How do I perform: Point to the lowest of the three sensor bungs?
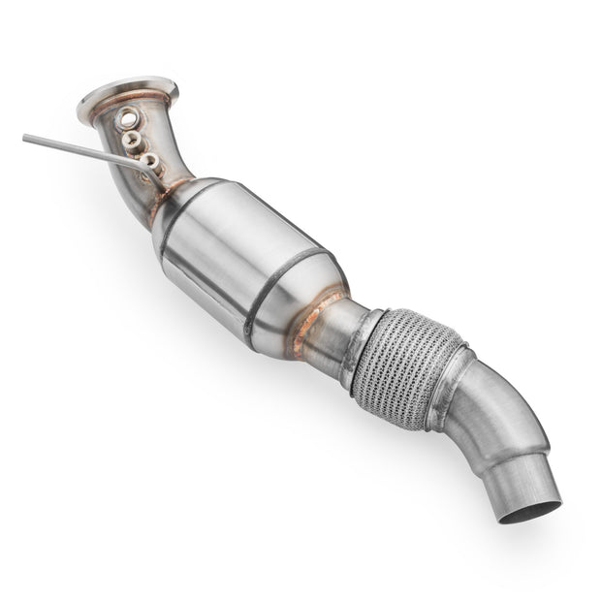click(150, 161)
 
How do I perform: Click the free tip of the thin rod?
click(26, 138)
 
